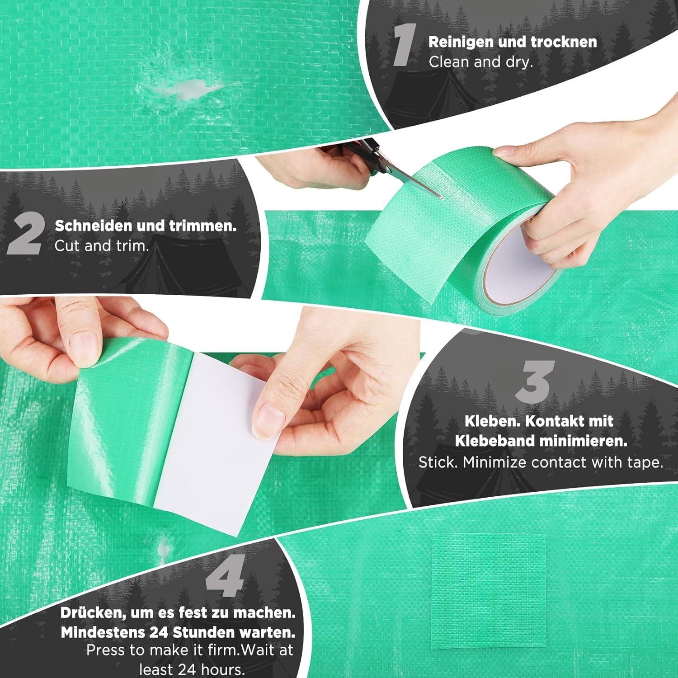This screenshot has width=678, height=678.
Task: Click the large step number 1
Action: click(403, 45)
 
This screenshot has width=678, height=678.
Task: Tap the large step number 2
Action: click(26, 235)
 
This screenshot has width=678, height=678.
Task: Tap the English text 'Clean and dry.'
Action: click(481, 62)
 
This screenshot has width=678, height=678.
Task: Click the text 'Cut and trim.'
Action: click(102, 246)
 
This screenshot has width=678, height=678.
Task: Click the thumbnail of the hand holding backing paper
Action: click(267, 416)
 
